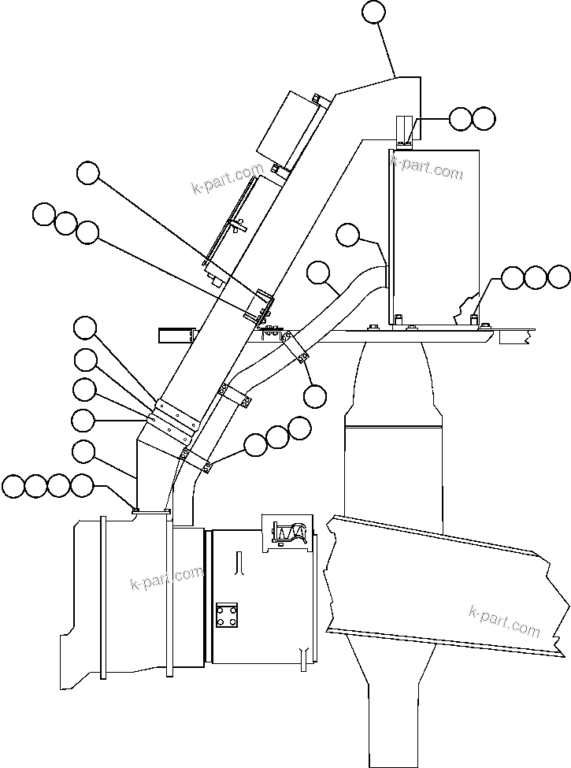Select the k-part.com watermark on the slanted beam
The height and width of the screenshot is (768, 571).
[504, 620]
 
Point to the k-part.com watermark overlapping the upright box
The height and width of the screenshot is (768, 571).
[427, 166]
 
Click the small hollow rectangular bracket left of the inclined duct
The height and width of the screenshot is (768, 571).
[176, 335]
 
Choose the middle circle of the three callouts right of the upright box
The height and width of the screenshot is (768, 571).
[536, 276]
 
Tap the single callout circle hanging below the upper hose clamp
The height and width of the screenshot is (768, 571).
[314, 396]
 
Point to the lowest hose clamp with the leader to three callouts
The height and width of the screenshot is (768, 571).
[196, 459]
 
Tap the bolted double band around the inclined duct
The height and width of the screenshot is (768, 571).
[175, 418]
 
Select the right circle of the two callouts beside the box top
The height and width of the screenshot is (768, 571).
[484, 119]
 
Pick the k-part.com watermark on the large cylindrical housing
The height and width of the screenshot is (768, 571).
[166, 581]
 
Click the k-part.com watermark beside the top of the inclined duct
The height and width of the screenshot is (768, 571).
[228, 179]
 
